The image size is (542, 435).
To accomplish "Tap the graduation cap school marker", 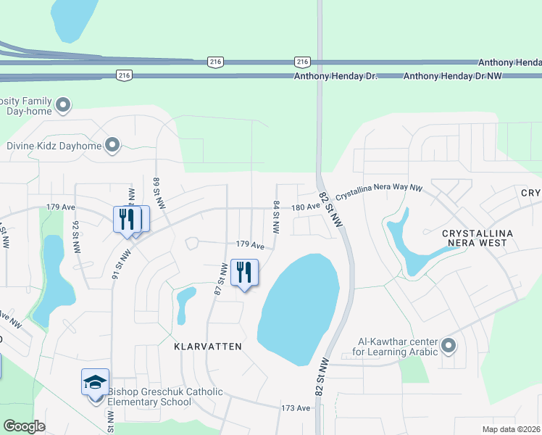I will coord(95,382).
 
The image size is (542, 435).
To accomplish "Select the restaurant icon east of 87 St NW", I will coord(244,273).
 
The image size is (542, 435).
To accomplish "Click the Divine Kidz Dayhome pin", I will coord(112,146).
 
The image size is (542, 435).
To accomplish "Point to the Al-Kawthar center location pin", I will coord(449,346).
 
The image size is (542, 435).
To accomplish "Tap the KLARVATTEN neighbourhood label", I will coord(207,347).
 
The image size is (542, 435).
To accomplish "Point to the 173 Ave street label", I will coord(296,409).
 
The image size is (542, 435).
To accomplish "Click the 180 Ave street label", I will coord(305,207).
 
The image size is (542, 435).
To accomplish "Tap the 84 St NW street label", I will coord(276,217).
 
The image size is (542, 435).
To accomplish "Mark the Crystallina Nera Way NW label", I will coord(379,187).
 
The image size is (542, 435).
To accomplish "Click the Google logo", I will coord(25,426).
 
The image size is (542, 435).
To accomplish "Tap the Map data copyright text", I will coord(511,429).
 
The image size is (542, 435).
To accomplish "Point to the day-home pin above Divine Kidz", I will coord(63,106).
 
